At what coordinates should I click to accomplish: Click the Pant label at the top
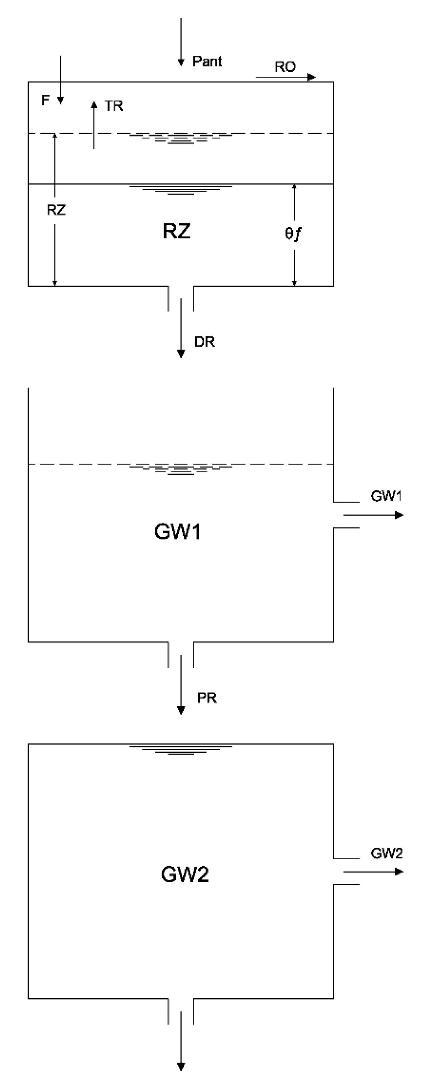207,62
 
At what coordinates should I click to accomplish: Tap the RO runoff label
285,67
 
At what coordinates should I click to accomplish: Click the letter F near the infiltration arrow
45,100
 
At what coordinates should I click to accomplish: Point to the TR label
114,106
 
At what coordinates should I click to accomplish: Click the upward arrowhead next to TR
94,104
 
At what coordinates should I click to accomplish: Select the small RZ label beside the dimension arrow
56,210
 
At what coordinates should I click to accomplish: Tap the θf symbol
293,233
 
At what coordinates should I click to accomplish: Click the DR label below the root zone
205,342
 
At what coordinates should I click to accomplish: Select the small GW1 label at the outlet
386,496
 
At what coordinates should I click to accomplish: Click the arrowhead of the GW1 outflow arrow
399,515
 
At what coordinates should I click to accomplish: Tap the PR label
207,698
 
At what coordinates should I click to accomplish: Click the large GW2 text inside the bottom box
185,874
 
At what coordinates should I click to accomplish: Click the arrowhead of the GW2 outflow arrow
399,872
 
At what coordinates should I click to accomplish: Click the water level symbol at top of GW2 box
181,750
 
